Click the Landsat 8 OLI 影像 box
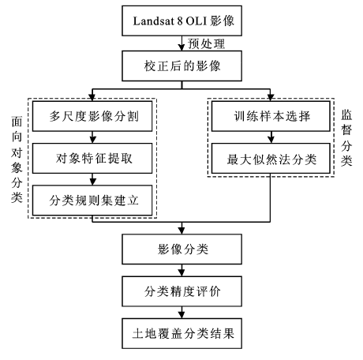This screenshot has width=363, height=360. pyautogui.click(x=181, y=21)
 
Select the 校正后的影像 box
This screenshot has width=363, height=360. pyautogui.click(x=181, y=66)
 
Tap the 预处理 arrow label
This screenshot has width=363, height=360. pyautogui.click(x=207, y=43)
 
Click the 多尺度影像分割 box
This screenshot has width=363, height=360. pyautogui.click(x=92, y=116)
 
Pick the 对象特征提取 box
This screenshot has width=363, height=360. pyautogui.click(x=92, y=158)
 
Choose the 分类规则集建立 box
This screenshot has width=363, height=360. pyautogui.click(x=92, y=201)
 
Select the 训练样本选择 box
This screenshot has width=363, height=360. pyautogui.click(x=271, y=116)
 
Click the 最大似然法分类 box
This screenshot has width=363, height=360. pyautogui.click(x=271, y=158)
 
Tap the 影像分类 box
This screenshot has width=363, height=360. pyautogui.click(x=181, y=249)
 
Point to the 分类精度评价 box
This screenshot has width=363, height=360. pyautogui.click(x=181, y=291)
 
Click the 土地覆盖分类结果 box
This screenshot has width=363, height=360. pyautogui.click(x=181, y=333)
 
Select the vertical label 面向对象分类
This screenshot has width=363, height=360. pyautogui.click(x=17, y=159)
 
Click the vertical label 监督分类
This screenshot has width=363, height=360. pyautogui.click(x=346, y=137)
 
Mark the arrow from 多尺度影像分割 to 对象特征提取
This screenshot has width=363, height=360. pyautogui.click(x=92, y=137)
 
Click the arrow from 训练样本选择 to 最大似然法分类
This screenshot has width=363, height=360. pyautogui.click(x=271, y=137)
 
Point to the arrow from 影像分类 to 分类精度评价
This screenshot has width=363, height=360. pyautogui.click(x=181, y=270)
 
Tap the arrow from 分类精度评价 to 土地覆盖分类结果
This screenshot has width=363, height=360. pyautogui.click(x=181, y=313)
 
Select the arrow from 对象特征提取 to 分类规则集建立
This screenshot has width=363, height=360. pyautogui.click(x=92, y=179)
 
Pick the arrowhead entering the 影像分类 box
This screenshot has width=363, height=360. pyautogui.click(x=181, y=231)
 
